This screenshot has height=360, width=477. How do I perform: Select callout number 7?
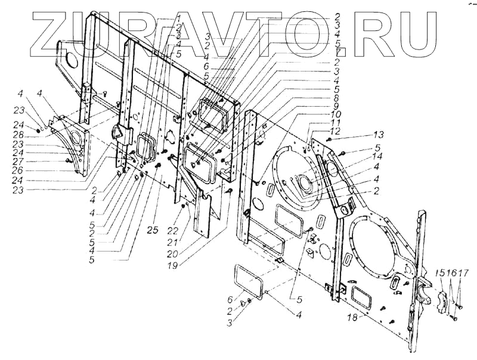pos(337,53)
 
